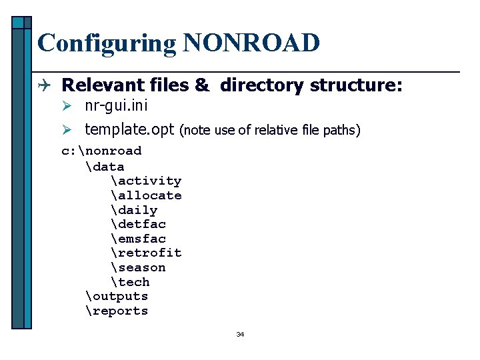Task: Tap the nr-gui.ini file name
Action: click(x=116, y=105)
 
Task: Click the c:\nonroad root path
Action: click(x=101, y=151)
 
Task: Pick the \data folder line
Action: click(x=105, y=166)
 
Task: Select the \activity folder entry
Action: click(x=146, y=181)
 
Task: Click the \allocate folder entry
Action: click(x=146, y=195)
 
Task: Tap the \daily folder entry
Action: click(x=135, y=210)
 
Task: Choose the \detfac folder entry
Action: click(x=139, y=224)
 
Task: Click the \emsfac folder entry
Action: click(x=139, y=239)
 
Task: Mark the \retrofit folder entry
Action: click(x=146, y=253)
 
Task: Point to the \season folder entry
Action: click(x=139, y=267)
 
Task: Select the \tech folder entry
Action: click(x=131, y=282)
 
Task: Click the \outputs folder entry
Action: click(x=117, y=296)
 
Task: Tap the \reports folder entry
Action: click(x=117, y=311)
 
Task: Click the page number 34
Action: click(x=240, y=334)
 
